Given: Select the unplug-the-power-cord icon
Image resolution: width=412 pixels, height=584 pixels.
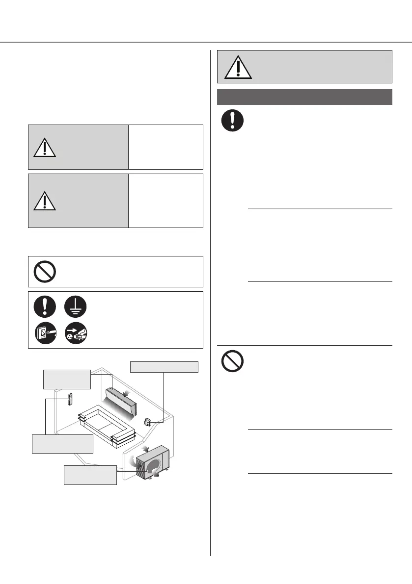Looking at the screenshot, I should tap(75, 333).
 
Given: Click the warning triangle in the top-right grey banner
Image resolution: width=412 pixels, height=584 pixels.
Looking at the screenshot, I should tap(238, 67).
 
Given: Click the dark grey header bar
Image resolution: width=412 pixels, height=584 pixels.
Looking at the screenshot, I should tap(304, 97).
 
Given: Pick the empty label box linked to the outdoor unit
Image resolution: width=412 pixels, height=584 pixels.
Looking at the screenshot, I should tap(90, 475).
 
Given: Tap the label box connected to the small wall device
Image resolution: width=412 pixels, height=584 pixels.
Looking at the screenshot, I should tap(164, 367).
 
